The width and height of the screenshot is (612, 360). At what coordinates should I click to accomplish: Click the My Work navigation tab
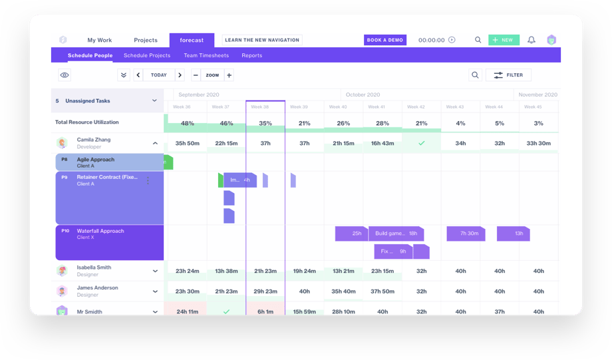coord(100,40)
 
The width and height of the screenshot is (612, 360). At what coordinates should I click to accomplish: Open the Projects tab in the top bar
coord(146,40)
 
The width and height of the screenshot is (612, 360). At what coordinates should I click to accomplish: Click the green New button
coord(504,40)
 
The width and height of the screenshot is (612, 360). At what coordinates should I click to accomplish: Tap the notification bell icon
coord(532,40)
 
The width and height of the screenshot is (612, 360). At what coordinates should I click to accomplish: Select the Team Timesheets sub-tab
coord(206,55)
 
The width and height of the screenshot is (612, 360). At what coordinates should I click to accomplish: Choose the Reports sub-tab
coord(251,55)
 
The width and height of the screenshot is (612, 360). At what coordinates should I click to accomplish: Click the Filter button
coord(508,75)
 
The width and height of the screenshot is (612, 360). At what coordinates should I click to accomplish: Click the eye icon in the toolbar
coord(65,75)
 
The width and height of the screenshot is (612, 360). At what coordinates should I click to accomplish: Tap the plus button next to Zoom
coord(229,75)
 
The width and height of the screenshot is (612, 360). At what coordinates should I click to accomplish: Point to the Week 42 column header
coord(416,106)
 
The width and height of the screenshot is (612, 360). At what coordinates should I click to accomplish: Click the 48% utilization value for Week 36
coord(188,123)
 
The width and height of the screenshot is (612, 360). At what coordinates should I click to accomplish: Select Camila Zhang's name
coord(94,140)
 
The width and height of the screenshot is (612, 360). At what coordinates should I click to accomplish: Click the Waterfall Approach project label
coord(100,231)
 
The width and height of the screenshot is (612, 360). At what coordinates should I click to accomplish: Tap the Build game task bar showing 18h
coord(396,234)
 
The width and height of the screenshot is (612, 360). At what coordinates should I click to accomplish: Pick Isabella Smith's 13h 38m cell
coord(227,271)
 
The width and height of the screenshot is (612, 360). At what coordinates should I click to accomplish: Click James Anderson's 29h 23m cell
coord(265,291)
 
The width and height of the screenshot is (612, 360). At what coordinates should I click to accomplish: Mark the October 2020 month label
coord(363,94)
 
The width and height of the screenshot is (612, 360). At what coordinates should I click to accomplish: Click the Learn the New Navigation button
coord(262,40)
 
